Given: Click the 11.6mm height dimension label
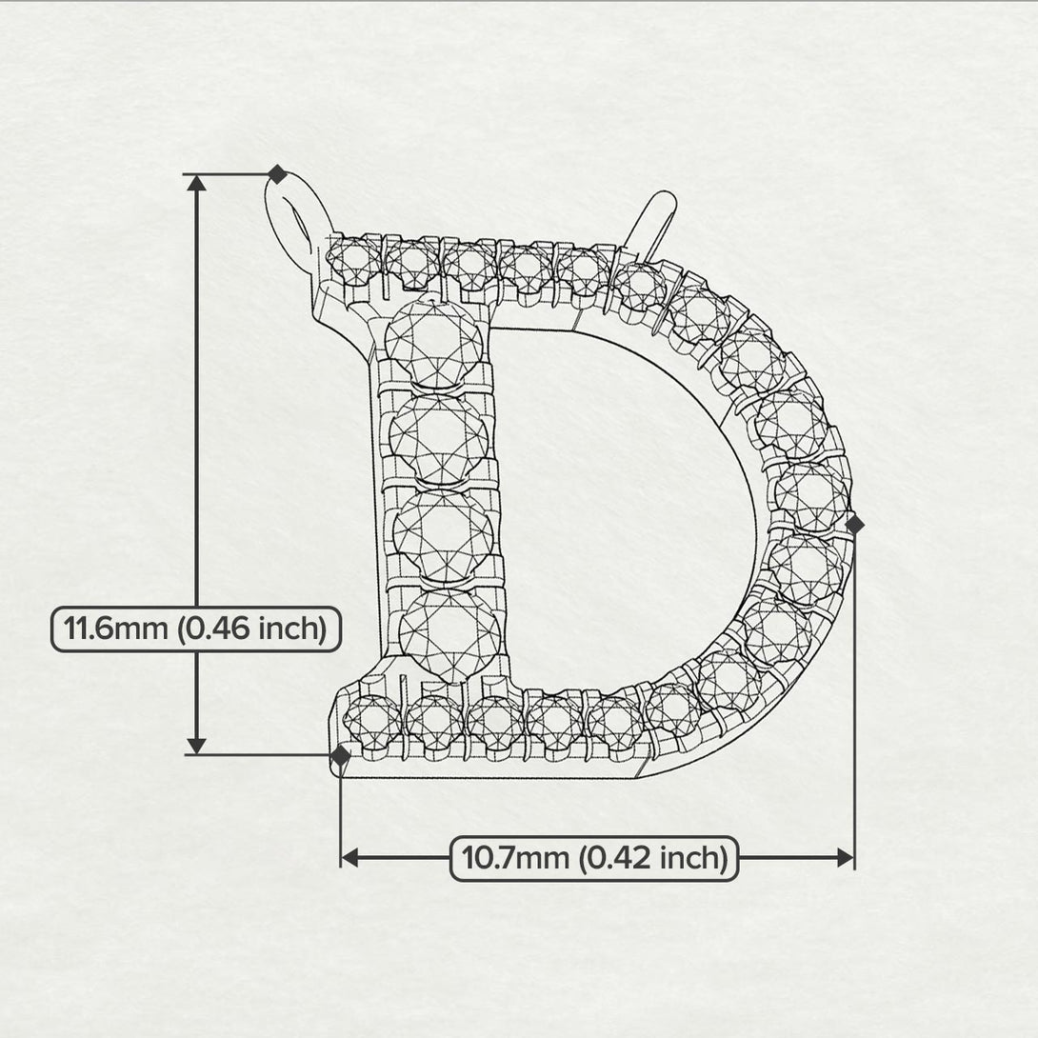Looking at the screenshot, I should coord(195,629).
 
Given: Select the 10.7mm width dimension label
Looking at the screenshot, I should coord(594,858).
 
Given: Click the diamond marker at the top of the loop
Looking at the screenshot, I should coord(277,174).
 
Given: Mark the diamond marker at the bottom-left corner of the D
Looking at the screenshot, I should coord(340,756).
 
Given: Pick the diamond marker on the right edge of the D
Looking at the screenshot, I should coord(854,524).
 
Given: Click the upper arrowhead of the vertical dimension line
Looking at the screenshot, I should coord(197,184).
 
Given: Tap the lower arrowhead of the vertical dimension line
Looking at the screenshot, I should coord(197,745).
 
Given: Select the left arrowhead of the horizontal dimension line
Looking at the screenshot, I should coord(349,858).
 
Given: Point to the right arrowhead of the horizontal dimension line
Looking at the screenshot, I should coord(845,858).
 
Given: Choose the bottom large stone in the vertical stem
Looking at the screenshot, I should coord(449,631).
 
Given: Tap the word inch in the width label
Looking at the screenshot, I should coord(693,858).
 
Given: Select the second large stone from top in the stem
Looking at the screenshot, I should coord(438,437).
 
